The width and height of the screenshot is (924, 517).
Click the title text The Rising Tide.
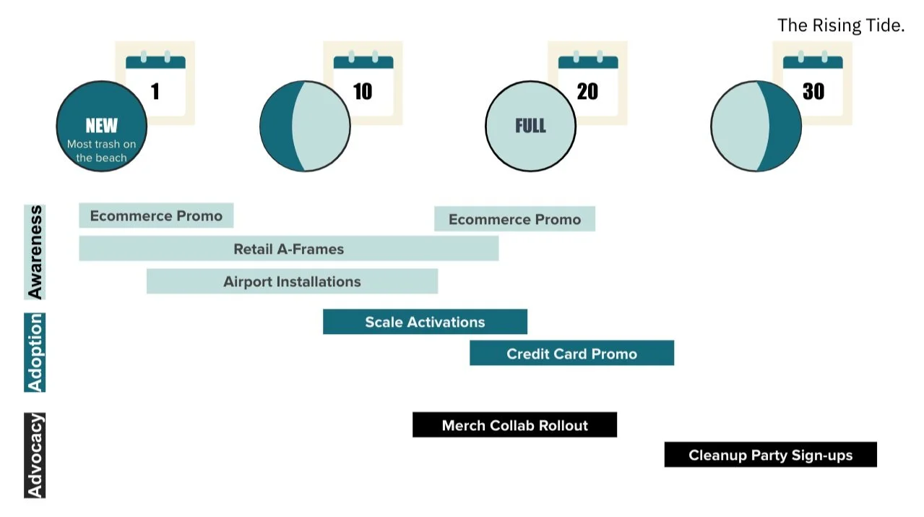click(840, 26)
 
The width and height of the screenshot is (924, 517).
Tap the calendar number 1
click(155, 91)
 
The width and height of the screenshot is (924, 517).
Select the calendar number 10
click(362, 91)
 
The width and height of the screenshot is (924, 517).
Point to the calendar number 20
click(587, 91)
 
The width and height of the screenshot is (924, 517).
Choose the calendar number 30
click(813, 91)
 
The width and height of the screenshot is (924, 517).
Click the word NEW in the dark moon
click(101, 126)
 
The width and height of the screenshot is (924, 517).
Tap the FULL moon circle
click(530, 127)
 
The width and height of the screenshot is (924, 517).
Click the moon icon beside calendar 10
click(305, 127)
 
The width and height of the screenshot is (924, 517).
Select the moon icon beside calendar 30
click(756, 127)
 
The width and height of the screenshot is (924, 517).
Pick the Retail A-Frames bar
click(288, 249)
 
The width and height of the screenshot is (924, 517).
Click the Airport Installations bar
click(292, 281)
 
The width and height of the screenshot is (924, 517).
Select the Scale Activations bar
click(425, 322)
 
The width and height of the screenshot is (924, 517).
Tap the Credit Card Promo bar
click(571, 354)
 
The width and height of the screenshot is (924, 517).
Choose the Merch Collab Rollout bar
click(514, 425)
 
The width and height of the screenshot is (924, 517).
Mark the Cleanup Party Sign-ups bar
click(770, 455)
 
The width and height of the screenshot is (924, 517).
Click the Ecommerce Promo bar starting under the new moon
click(156, 215)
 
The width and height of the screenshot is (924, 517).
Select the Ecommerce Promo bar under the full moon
click(514, 219)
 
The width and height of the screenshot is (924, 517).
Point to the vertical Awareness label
click(35, 252)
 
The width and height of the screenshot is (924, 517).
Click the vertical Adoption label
click(35, 353)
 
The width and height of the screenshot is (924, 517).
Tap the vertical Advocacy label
click(35, 456)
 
